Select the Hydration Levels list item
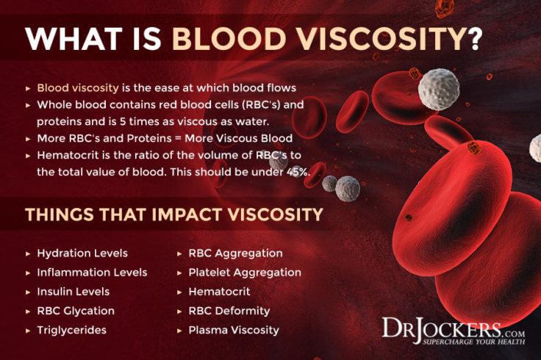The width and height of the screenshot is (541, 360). point(82,253)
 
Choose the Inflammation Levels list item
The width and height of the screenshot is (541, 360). point(92,272)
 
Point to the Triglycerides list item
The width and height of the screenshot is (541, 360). point(71,330)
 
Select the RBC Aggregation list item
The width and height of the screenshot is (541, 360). point(235,253)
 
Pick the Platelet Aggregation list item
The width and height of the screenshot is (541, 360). point(244,272)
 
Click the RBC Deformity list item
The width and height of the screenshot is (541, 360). point(229,311)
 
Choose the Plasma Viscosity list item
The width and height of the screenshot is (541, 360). point(233,330)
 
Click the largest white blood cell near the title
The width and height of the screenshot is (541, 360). point(439,89)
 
